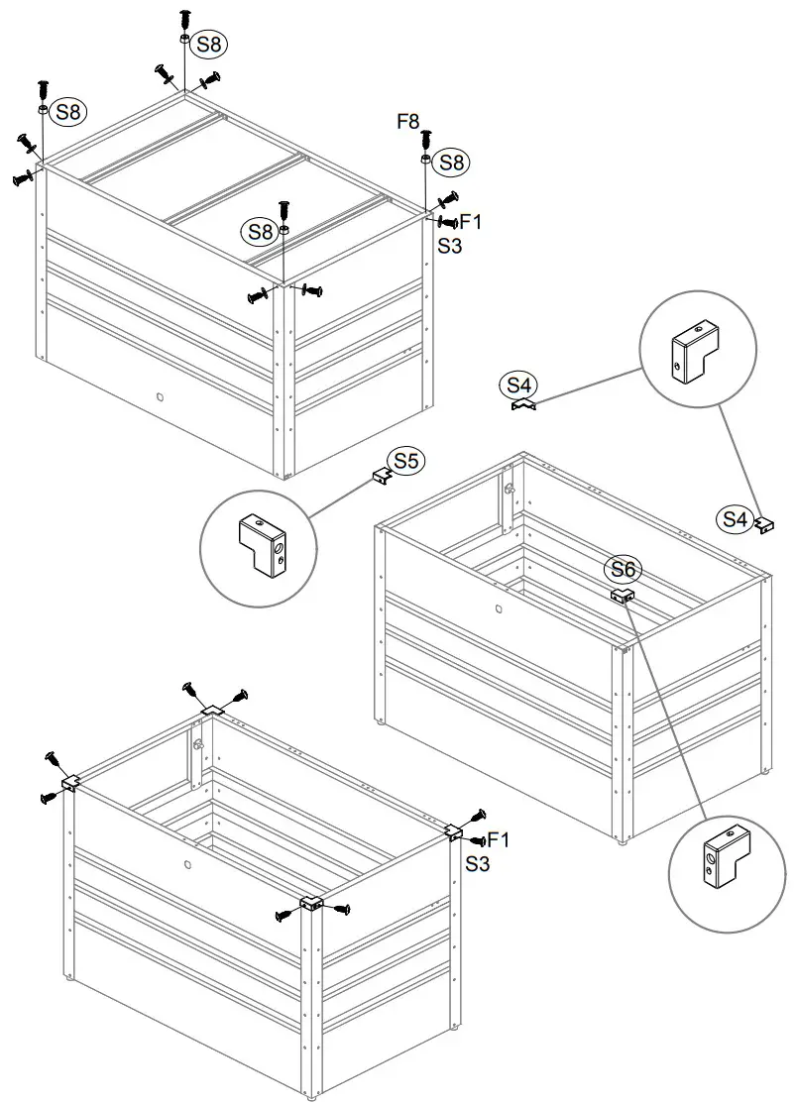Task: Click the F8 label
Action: (408, 122)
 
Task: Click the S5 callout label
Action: (406, 460)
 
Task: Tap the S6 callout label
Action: (624, 569)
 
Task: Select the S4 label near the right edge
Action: (736, 517)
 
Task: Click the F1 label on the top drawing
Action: (470, 222)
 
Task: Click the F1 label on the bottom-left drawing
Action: (497, 841)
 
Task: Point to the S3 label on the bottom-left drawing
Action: (478, 864)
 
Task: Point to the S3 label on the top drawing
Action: (450, 245)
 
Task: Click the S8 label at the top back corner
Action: (209, 44)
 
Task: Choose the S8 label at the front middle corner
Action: (260, 232)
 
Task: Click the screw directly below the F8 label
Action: (426, 140)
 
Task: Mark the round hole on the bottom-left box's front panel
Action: (187, 864)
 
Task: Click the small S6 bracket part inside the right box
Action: (622, 596)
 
